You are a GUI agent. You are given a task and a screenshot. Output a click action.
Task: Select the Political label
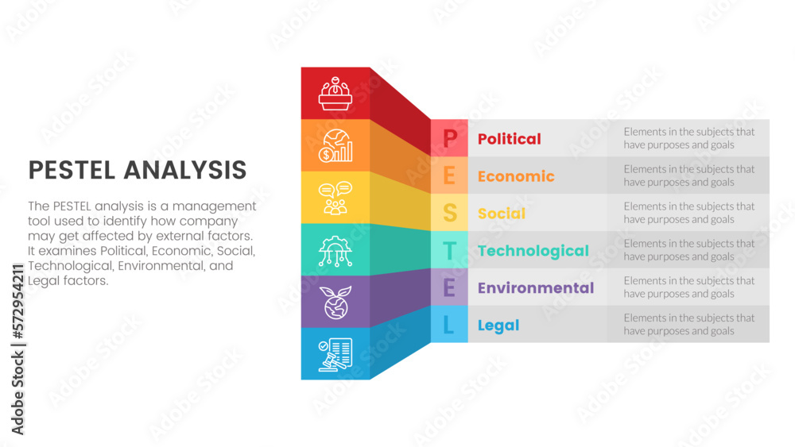coord(509,139)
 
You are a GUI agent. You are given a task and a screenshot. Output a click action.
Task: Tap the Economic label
coord(516,176)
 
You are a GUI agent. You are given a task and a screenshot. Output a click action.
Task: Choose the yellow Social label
coord(501,214)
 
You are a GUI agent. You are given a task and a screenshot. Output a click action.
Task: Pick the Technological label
coord(533,251)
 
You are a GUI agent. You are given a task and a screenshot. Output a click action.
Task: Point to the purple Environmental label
coord(535,288)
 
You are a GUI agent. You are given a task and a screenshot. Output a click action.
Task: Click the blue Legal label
coord(498,326)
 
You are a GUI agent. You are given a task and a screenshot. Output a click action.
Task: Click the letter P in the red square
coord(449,139)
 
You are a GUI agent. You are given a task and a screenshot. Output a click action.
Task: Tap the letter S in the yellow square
coord(449,214)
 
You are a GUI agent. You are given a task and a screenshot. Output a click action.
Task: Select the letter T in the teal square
coord(449,251)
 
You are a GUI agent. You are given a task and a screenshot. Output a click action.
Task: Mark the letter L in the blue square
coord(449,326)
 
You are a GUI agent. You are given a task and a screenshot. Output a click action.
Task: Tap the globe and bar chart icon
coord(335,145)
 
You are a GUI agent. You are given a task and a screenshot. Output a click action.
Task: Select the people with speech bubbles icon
coord(335,198)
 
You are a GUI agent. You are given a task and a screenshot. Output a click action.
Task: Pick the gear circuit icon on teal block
coord(335,250)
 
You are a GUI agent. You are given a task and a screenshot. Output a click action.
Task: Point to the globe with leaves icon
coord(335,302)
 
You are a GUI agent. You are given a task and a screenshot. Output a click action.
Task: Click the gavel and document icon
coord(335,354)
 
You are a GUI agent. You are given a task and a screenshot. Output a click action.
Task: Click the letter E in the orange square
coord(449,176)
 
